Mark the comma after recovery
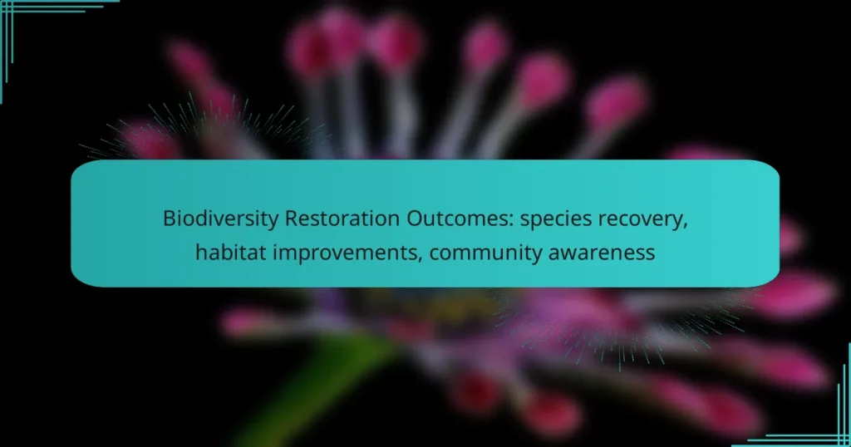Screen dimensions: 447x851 click(x=686, y=224)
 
